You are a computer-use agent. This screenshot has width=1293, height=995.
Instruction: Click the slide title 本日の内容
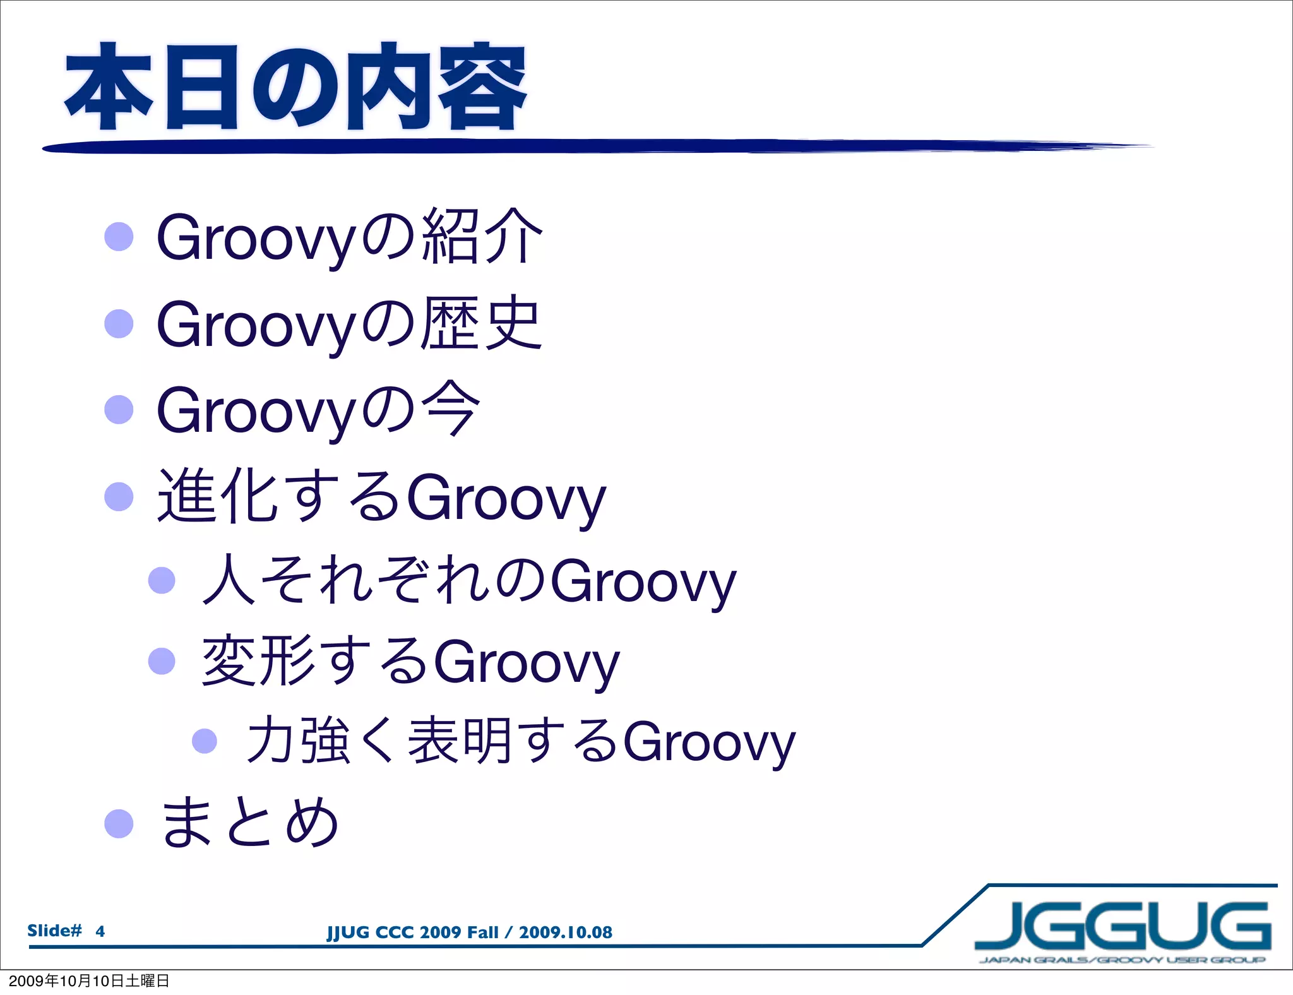295,87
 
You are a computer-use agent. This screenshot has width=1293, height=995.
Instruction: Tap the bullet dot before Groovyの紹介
119,237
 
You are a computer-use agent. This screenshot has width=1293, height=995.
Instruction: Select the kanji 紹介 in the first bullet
481,237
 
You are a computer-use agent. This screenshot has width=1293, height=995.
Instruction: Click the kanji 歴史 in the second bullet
481,323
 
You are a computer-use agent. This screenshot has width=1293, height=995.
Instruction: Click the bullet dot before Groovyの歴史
119,323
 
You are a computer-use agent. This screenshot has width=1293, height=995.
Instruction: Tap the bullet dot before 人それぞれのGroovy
162,580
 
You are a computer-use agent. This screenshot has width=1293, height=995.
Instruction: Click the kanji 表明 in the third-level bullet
460,740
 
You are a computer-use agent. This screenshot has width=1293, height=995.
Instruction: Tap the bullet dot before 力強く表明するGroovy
204,741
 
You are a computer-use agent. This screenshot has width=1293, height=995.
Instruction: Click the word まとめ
249,822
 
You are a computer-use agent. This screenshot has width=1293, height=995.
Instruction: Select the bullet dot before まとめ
119,823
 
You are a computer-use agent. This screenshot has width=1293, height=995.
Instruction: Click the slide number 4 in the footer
100,931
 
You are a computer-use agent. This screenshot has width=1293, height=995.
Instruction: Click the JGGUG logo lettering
1123,926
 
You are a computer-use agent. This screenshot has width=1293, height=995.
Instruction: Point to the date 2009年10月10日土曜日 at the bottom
88,980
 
